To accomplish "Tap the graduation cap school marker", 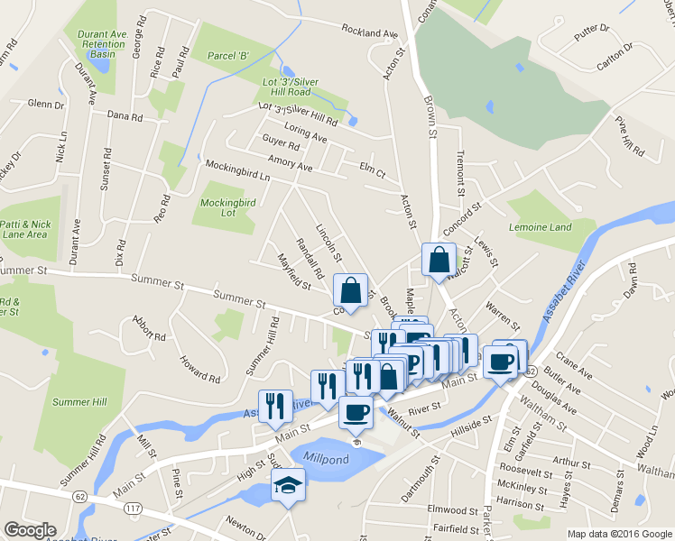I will (289, 486).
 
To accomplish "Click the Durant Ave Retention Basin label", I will (101, 44).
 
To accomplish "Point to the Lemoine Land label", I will (540, 227).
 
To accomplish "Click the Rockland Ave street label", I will (369, 33).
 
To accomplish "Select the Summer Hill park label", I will (79, 402).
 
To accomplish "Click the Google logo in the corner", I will (30, 530).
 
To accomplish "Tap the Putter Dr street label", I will (592, 30).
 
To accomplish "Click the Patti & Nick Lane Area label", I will (24, 229).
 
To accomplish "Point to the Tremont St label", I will (459, 173).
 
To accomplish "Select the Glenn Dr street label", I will (46, 105).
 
